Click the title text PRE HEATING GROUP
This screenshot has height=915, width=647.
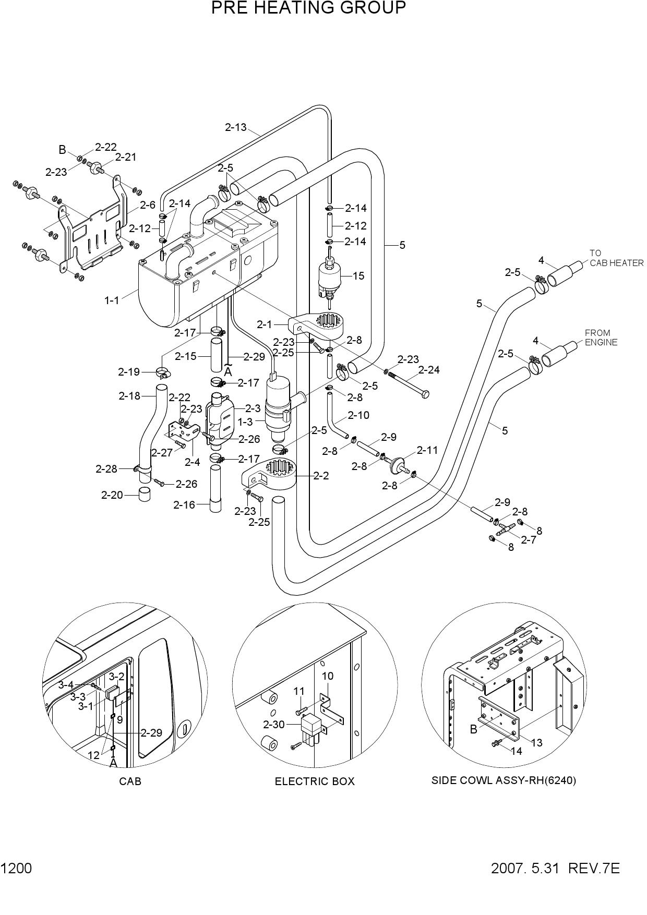(x=308, y=8)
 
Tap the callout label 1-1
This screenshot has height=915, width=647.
(x=112, y=300)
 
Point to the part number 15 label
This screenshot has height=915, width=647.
(x=358, y=276)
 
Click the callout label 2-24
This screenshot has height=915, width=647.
(x=429, y=370)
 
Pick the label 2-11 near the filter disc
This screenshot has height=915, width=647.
(x=427, y=450)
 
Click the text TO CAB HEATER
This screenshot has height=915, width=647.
(x=616, y=258)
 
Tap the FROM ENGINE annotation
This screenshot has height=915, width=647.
(x=601, y=338)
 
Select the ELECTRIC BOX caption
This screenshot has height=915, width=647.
(x=315, y=781)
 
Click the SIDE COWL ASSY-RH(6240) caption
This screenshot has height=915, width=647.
(x=504, y=781)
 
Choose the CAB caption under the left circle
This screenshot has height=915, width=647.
(x=130, y=781)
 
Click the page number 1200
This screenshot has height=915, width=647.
(x=16, y=869)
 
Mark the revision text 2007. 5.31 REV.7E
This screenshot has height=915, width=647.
(x=555, y=869)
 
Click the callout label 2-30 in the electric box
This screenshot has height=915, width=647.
(x=274, y=724)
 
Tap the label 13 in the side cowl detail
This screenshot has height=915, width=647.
(x=536, y=742)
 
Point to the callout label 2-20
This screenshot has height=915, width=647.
(x=112, y=495)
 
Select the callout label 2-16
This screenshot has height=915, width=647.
(x=184, y=504)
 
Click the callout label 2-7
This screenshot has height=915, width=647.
(x=528, y=540)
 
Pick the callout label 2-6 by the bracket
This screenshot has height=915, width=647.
(x=148, y=205)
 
